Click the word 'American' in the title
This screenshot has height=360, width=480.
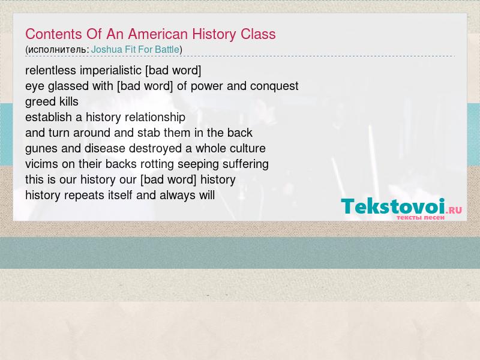(158, 34)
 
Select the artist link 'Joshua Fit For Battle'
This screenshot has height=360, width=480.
(135, 50)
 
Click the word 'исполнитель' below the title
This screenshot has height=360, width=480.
(57, 50)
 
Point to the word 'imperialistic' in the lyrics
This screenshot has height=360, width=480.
(110, 71)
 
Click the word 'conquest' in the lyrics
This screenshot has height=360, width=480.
(274, 86)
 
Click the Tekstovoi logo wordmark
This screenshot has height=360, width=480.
(393, 206)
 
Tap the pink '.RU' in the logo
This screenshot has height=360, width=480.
(454, 210)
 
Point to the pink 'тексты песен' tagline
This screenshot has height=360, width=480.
(421, 217)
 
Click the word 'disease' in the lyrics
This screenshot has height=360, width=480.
(104, 148)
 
